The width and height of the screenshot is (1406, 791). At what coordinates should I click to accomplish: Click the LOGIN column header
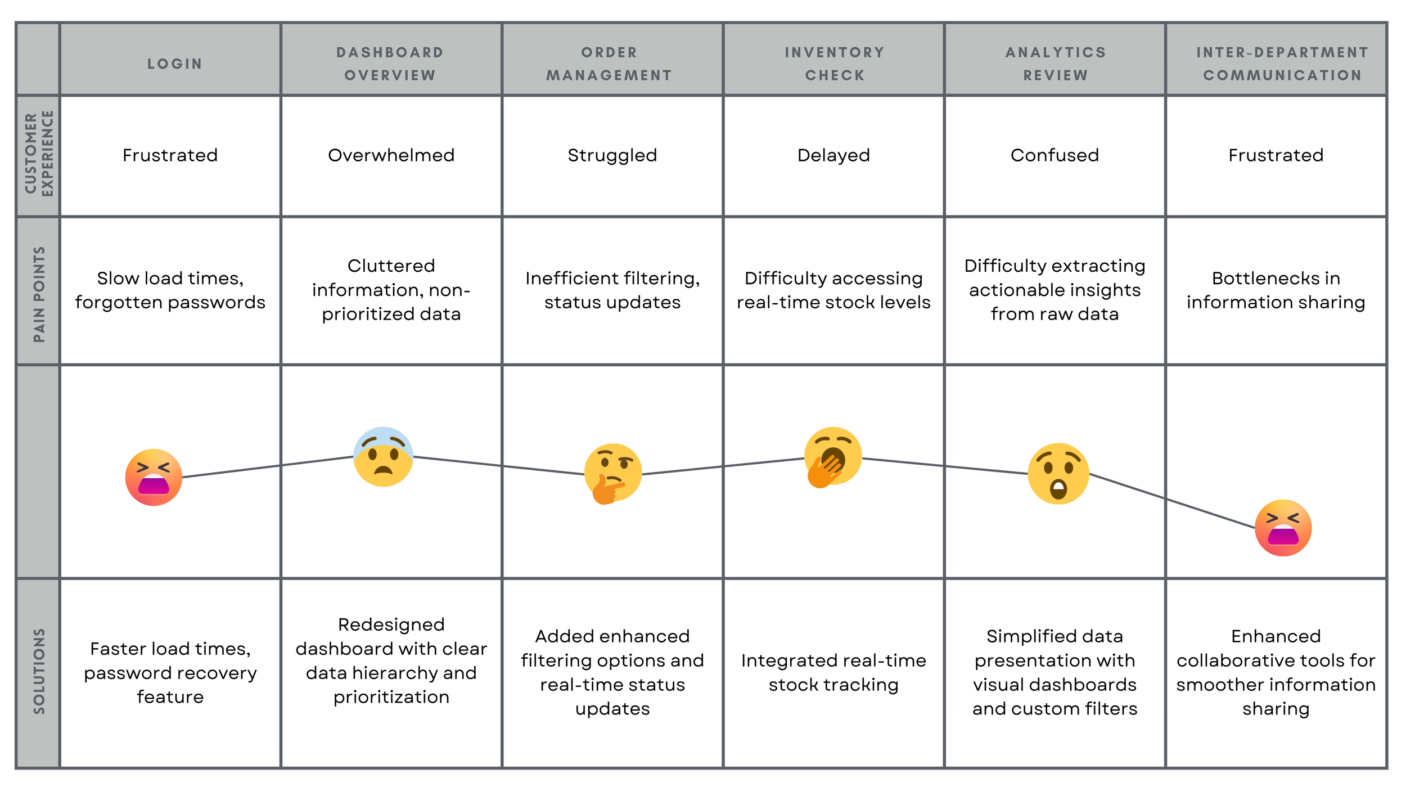pyautogui.click(x=174, y=64)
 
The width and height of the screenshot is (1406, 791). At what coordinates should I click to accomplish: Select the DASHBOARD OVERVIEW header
pyautogui.click(x=390, y=64)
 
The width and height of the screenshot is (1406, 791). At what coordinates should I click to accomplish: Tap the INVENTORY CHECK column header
pyautogui.click(x=835, y=64)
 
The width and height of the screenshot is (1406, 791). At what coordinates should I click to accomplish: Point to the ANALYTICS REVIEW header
pyautogui.click(x=1056, y=64)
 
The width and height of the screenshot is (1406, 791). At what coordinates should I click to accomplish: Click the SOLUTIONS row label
pyautogui.click(x=39, y=671)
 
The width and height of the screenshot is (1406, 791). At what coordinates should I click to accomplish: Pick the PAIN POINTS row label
pyautogui.click(x=39, y=294)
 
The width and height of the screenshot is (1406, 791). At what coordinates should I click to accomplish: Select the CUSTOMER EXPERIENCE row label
pyautogui.click(x=39, y=154)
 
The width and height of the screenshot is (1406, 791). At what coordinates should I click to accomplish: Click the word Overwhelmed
pyautogui.click(x=391, y=155)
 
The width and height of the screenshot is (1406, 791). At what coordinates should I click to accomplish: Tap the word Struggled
pyautogui.click(x=612, y=155)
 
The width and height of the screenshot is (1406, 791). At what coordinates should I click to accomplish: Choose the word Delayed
pyautogui.click(x=833, y=155)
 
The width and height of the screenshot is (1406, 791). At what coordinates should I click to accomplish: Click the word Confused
pyautogui.click(x=1054, y=155)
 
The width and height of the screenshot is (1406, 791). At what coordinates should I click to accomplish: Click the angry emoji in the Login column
pyautogui.click(x=154, y=477)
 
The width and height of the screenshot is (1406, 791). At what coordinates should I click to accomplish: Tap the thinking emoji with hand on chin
pyautogui.click(x=612, y=473)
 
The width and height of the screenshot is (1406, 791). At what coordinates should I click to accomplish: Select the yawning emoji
pyautogui.click(x=832, y=456)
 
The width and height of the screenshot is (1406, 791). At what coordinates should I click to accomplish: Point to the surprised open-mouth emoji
pyautogui.click(x=1058, y=473)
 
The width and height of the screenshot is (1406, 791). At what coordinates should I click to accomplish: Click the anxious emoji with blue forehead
pyautogui.click(x=383, y=456)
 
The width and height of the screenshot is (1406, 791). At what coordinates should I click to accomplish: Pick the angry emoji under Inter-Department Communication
pyautogui.click(x=1283, y=528)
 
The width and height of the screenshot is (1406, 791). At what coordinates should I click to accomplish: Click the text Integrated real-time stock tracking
pyautogui.click(x=833, y=672)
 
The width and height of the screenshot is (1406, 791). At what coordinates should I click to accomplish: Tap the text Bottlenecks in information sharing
pyautogui.click(x=1276, y=290)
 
